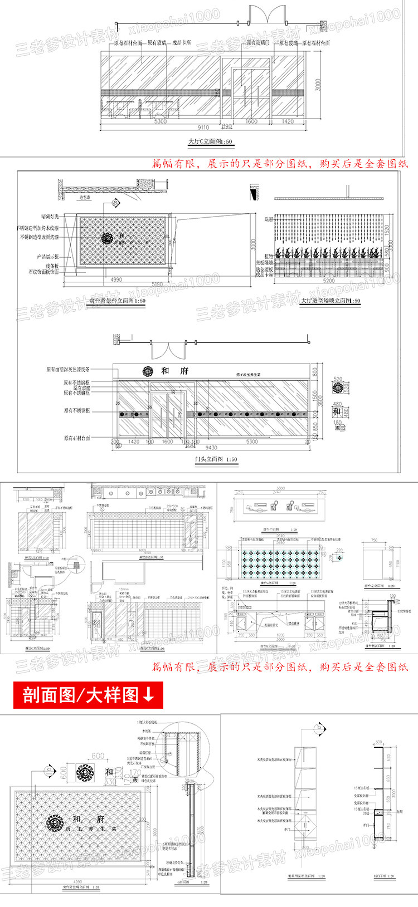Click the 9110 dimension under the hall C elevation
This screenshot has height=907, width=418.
click(203, 128)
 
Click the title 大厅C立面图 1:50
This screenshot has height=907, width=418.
click(210, 142)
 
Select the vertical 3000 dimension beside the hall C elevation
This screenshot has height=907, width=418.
click(318, 85)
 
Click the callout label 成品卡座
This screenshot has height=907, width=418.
click(182, 42)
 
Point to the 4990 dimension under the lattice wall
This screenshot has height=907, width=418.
click(115, 279)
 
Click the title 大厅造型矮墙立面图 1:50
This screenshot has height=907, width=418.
click(330, 301)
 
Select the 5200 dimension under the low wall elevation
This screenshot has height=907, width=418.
click(329, 281)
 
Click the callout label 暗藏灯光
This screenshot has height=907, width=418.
click(50, 216)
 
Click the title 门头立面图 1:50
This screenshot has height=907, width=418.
click(216, 459)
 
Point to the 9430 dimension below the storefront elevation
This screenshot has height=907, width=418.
click(211, 447)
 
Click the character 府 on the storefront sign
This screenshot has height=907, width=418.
click(184, 371)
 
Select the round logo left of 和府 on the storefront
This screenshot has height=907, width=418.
click(148, 371)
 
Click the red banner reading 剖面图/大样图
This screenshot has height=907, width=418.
click(88, 695)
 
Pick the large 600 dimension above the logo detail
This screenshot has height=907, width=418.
click(98, 756)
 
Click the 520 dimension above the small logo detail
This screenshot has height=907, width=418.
click(338, 379)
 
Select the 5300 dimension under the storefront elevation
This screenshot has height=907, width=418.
click(252, 442)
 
